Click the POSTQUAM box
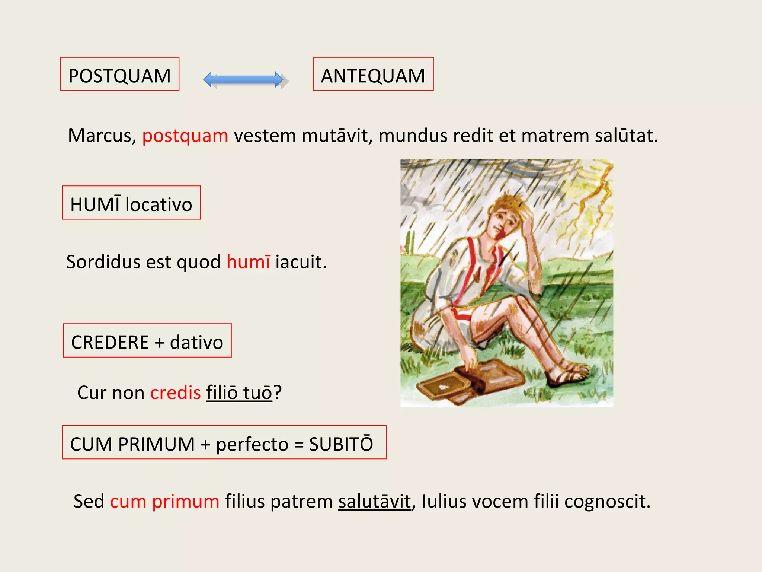tap(119, 74)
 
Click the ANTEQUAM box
tap(373, 74)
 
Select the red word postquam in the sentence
tap(185, 136)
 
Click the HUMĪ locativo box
tap(131, 203)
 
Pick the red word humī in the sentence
tap(248, 262)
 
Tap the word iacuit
tap(301, 262)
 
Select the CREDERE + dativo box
tap(147, 341)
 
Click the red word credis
tap(175, 393)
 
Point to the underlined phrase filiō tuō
tap(239, 393)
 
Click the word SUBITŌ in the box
tap(341, 444)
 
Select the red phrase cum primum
tap(164, 501)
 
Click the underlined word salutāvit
tap(374, 501)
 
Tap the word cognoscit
tap(607, 501)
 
